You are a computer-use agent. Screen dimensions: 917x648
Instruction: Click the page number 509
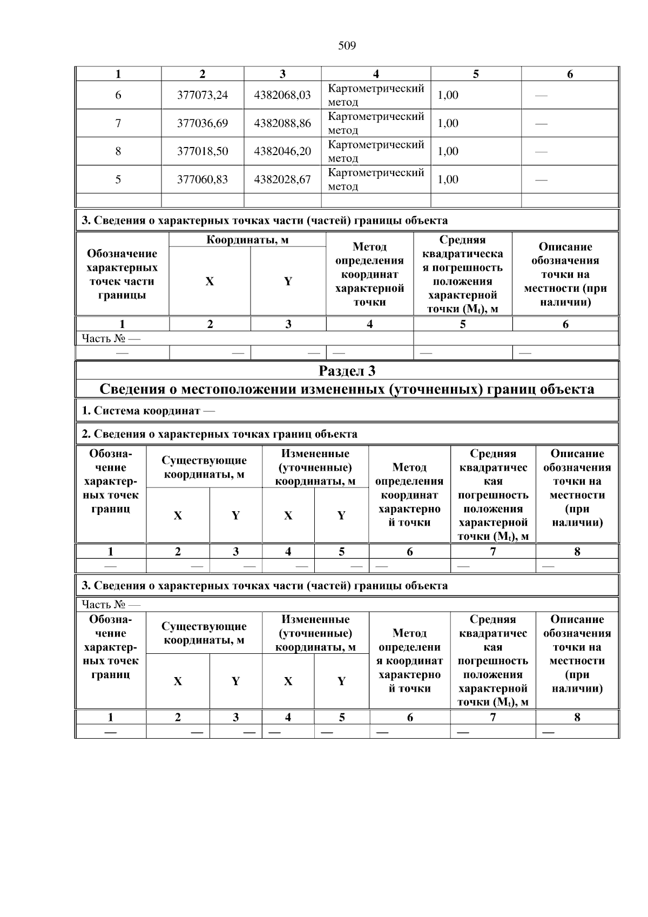click(347, 46)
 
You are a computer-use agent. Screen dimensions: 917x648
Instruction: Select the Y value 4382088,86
click(282, 123)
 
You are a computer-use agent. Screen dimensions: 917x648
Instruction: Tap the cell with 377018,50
click(202, 151)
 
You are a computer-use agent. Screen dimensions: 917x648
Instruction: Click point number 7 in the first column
click(118, 123)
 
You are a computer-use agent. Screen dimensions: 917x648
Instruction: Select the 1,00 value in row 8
click(448, 151)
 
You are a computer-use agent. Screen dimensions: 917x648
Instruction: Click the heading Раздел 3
click(347, 371)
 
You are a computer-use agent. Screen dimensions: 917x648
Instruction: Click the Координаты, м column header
click(247, 240)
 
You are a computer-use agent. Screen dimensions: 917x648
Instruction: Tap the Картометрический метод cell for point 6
click(376, 95)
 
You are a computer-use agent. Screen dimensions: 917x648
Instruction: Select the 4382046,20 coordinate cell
click(282, 151)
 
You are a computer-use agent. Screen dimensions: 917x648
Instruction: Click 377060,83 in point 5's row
click(202, 179)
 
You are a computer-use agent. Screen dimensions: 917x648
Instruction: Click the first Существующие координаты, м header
click(204, 467)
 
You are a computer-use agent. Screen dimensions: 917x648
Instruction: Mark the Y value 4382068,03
click(282, 95)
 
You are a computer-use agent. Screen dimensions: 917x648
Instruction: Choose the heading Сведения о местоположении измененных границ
click(347, 389)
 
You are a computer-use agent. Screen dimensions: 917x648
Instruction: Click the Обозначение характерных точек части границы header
click(122, 274)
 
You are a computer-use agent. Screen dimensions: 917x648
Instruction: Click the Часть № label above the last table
click(111, 604)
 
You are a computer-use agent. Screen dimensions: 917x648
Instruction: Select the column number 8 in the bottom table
click(577, 717)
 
